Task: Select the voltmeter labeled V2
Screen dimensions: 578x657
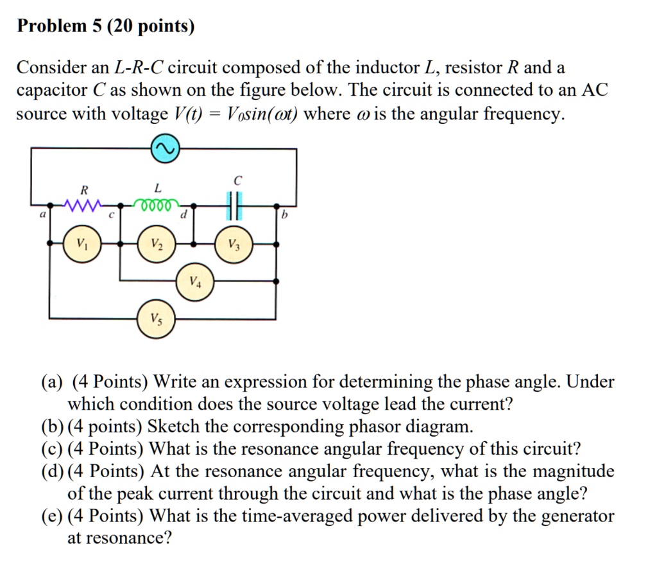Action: (x=157, y=245)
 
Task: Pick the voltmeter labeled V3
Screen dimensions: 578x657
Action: (x=232, y=245)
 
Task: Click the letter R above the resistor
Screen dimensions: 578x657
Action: (x=83, y=189)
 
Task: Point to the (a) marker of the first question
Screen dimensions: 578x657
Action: (x=54, y=383)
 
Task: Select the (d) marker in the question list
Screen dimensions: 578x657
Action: (x=54, y=472)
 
